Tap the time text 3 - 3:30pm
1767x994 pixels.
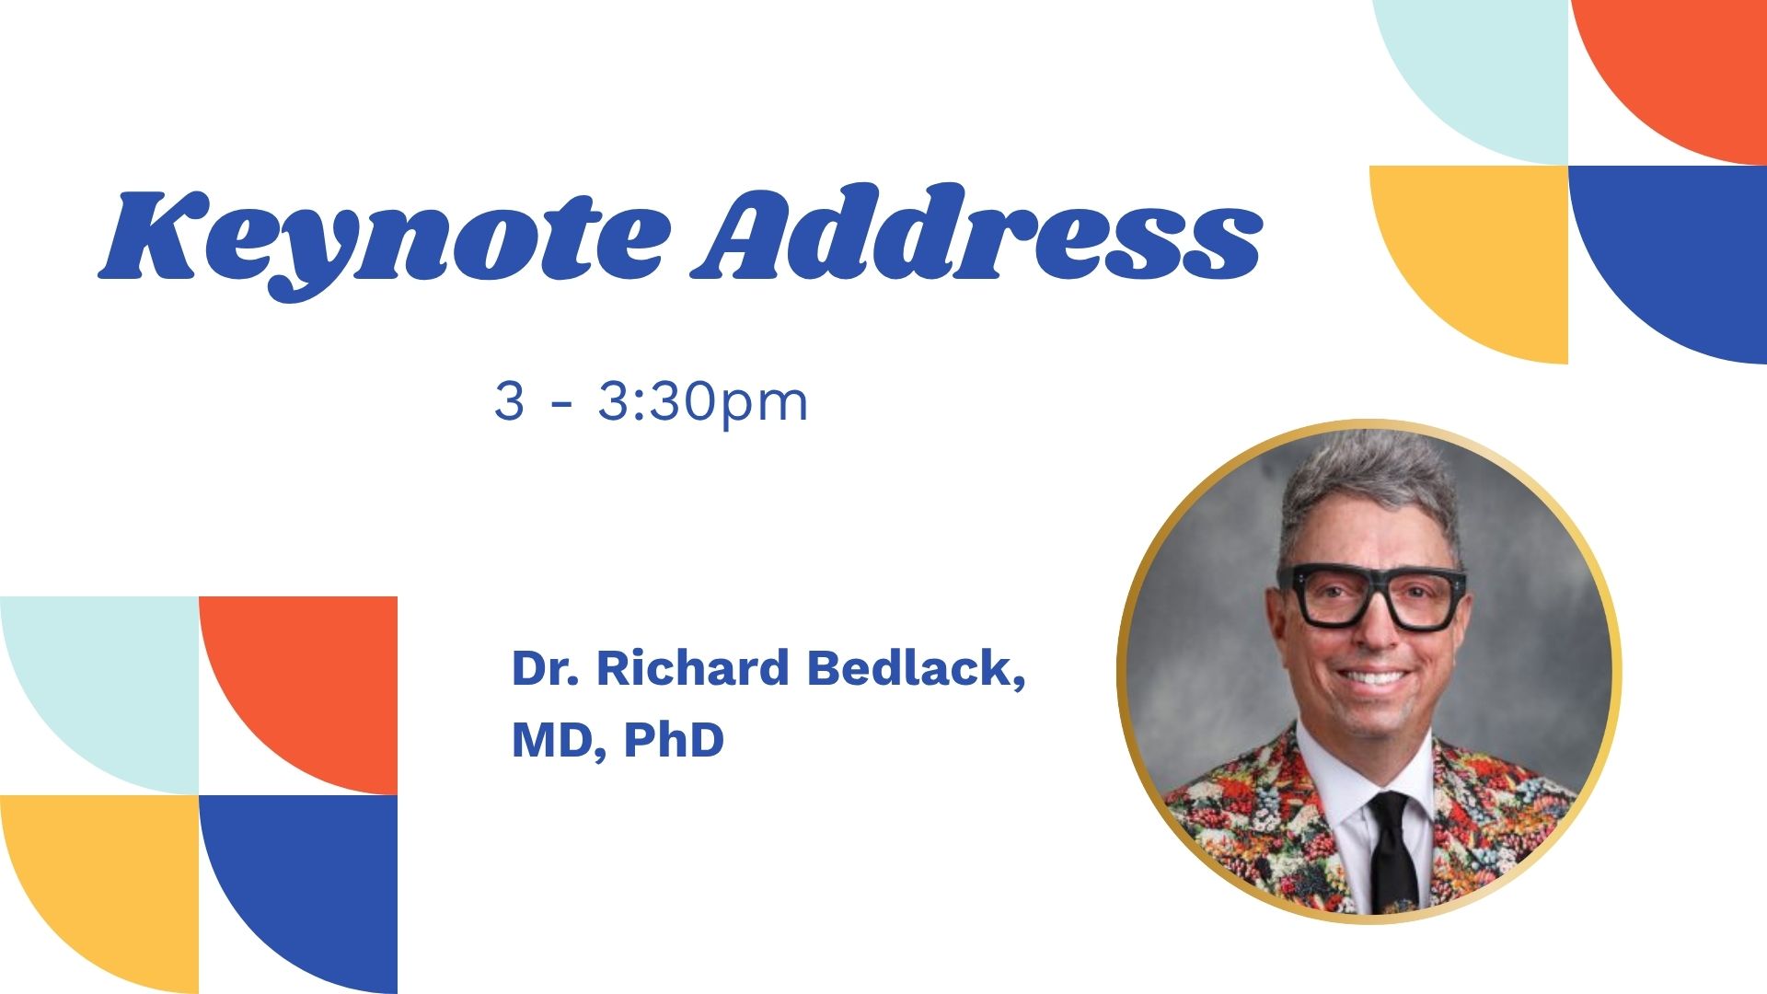(x=651, y=402)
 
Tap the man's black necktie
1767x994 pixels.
(x=1392, y=851)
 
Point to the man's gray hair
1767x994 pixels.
(x=1370, y=492)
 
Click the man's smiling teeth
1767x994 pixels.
(x=1372, y=678)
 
